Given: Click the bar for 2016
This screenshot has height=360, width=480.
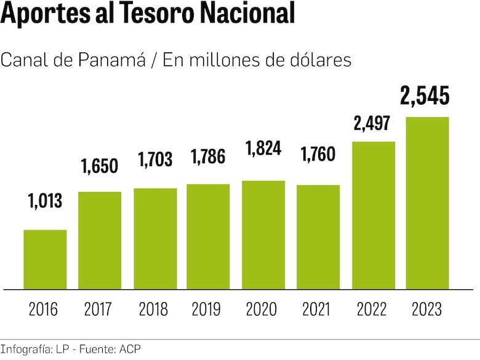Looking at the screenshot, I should pos(45,259).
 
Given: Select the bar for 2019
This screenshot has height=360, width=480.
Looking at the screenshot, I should pos(208,236).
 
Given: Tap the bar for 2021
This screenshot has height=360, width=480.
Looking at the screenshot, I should pos(318,237).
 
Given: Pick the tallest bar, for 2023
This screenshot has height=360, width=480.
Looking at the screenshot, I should pos(427,203).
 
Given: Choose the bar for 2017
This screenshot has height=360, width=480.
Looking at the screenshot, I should pos(100,240).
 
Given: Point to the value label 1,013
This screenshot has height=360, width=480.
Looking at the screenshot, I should pos(45,200).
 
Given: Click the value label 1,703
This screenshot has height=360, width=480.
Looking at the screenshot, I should pos(155,160).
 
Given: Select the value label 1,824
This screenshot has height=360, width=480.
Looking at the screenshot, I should pos(264,150).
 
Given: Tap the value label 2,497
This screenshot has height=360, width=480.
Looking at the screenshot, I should pos(372,124).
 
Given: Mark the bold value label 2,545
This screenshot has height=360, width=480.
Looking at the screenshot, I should pos(425,96).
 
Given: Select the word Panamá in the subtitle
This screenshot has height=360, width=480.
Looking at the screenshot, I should pos(114,60).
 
